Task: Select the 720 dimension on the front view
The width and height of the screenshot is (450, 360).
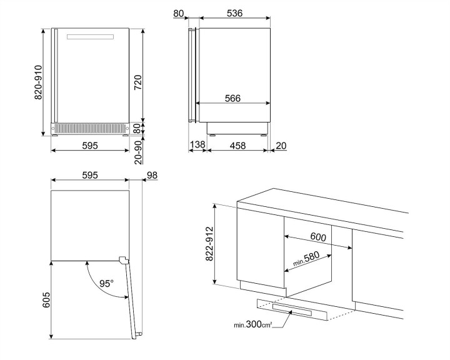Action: click(x=138, y=82)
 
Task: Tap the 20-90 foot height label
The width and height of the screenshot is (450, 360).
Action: click(x=138, y=151)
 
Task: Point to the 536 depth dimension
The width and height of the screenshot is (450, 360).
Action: click(x=234, y=13)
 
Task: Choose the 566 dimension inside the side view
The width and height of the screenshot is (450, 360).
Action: click(x=233, y=98)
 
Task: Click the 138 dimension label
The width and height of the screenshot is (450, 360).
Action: click(x=197, y=145)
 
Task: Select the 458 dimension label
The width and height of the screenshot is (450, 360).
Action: click(x=237, y=145)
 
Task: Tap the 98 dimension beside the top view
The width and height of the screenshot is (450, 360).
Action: click(x=152, y=175)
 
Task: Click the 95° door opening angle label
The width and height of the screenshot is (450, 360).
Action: click(x=107, y=283)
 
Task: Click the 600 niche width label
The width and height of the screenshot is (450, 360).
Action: click(x=319, y=237)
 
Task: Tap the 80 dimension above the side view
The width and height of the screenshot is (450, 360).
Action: click(x=179, y=13)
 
